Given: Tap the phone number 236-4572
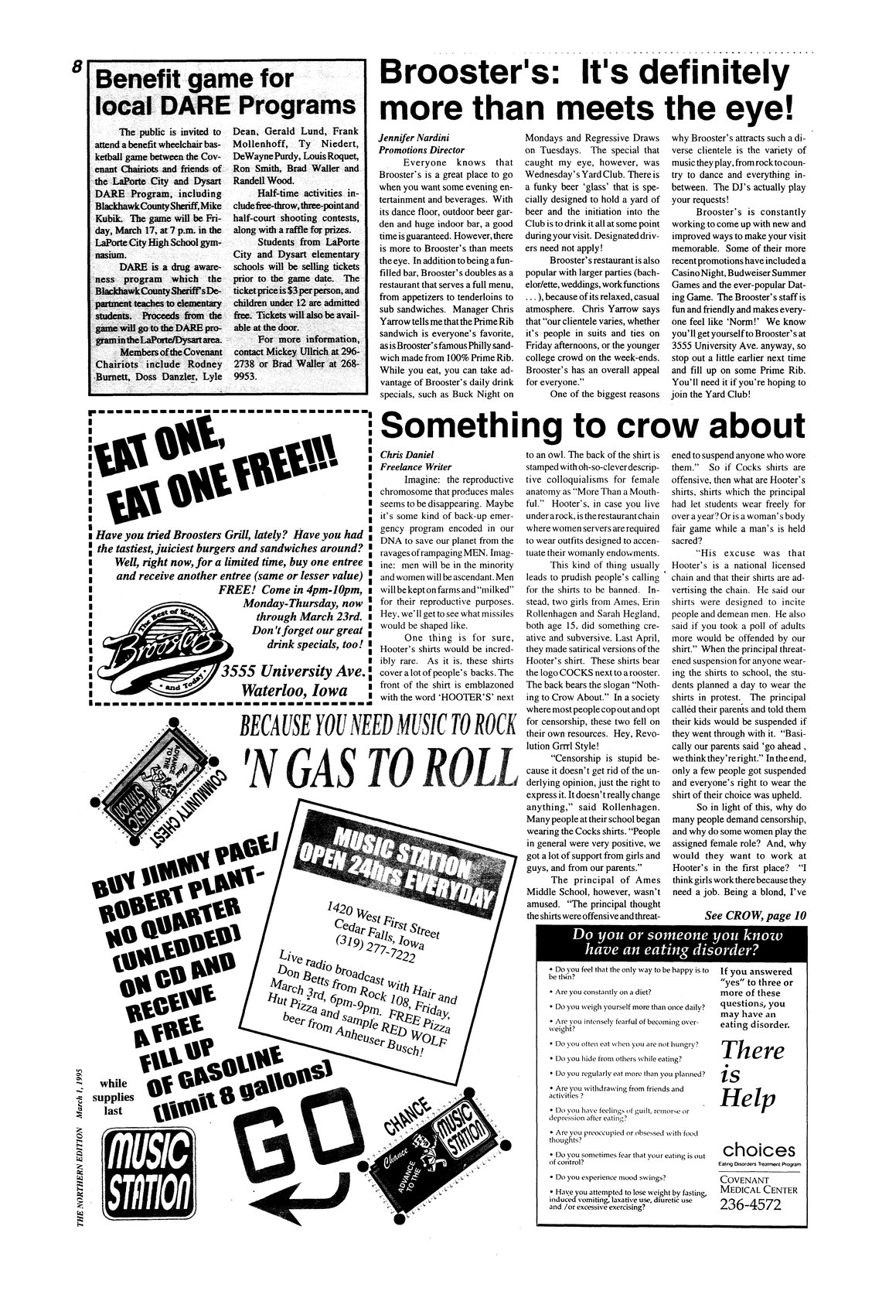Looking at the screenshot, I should [751, 1205].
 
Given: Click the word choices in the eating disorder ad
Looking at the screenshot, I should [758, 1149].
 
